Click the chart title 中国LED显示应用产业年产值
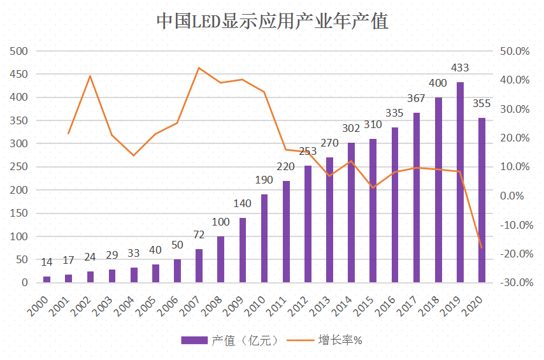point(272,21)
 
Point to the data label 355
point(482,104)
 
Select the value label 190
point(264,180)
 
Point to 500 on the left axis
point(19,51)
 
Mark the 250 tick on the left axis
point(19,167)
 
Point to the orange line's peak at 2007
point(199,68)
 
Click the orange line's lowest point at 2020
point(482,248)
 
